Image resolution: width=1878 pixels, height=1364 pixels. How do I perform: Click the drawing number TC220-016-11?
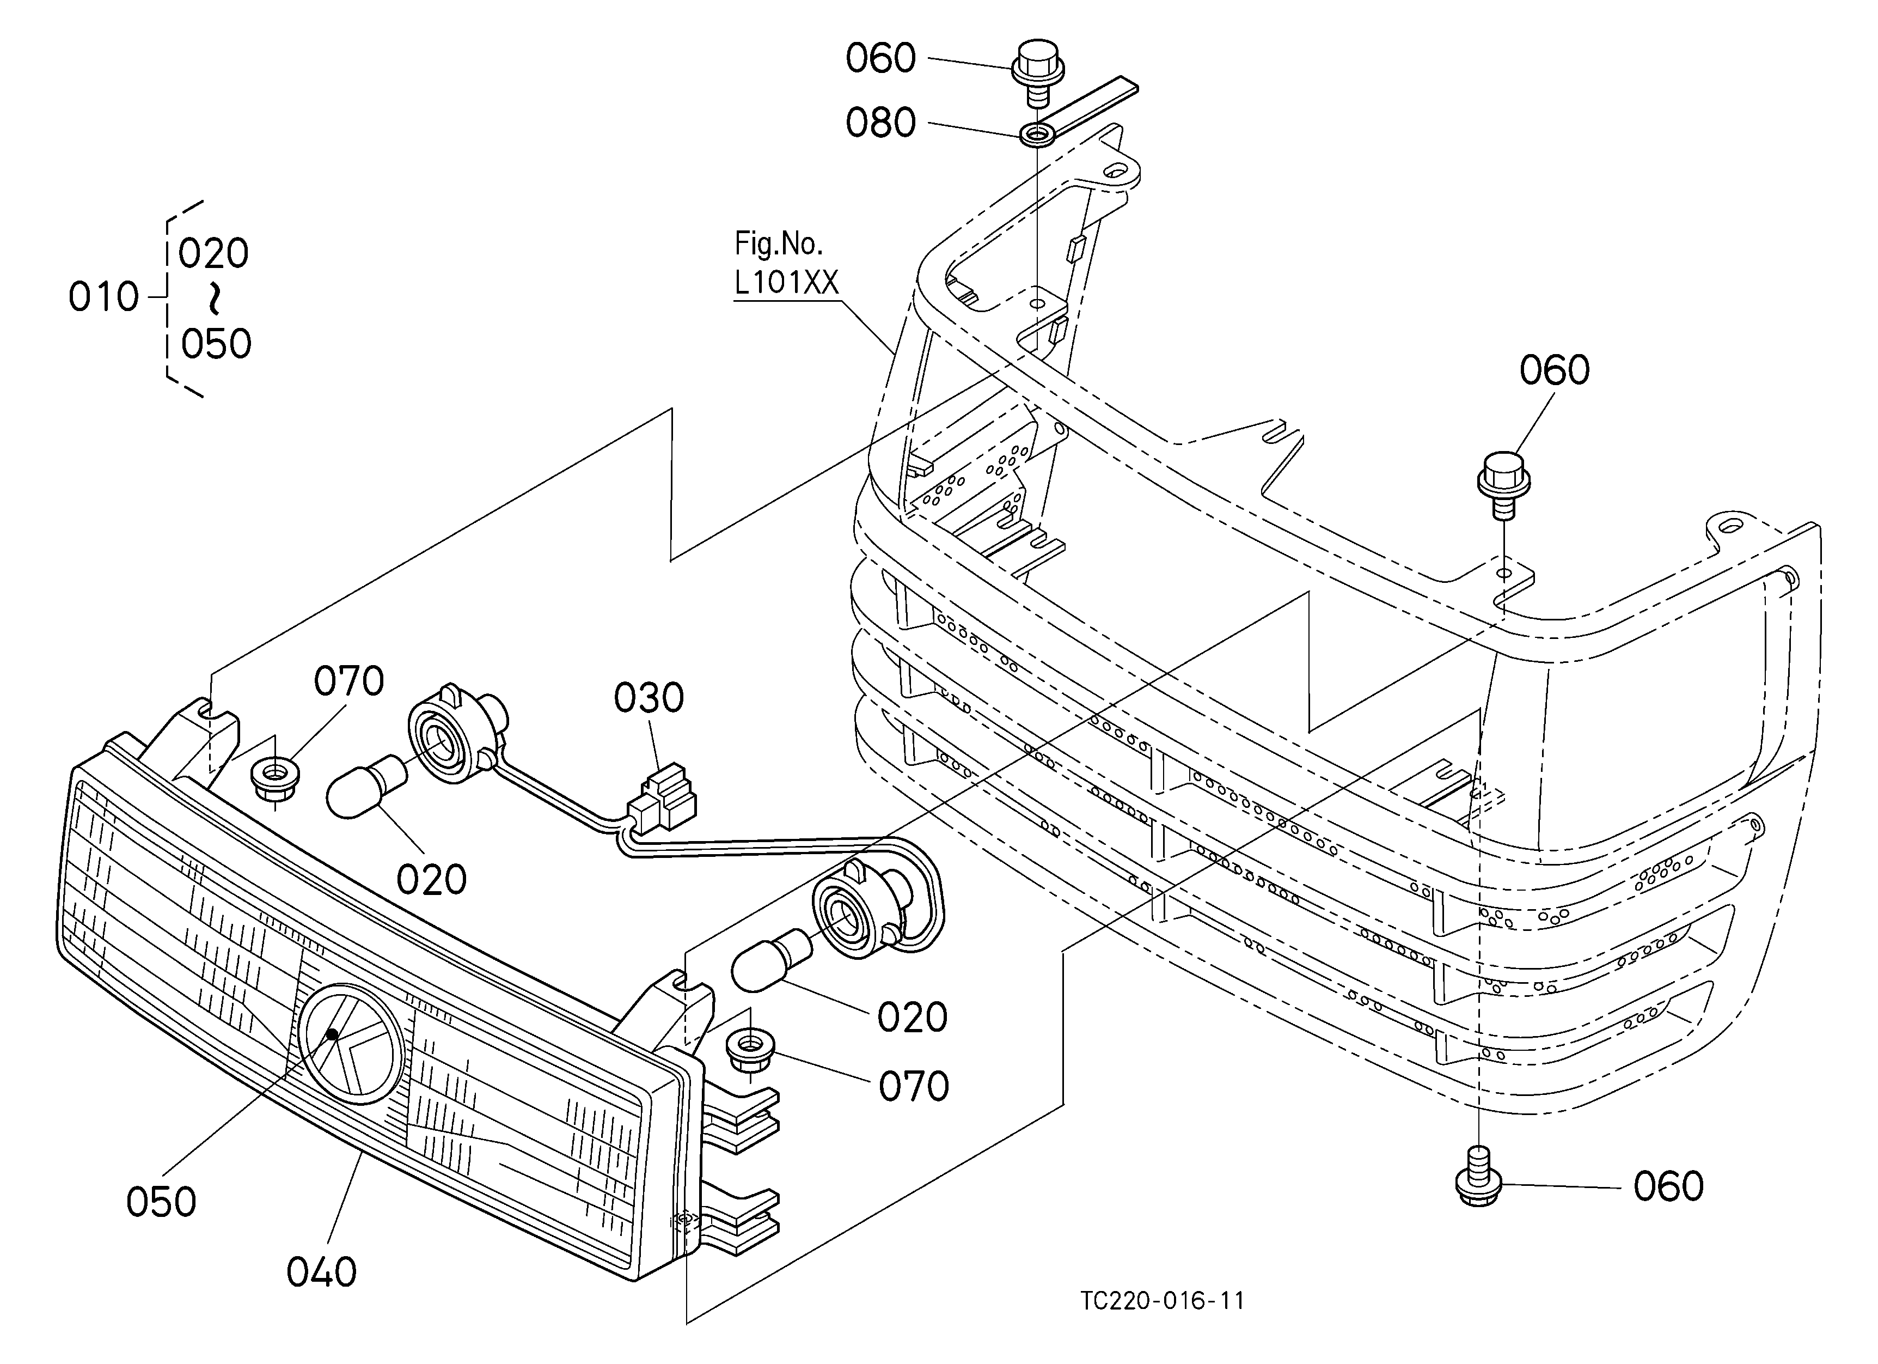[1162, 1300]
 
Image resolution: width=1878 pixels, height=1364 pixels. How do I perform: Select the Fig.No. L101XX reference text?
[786, 263]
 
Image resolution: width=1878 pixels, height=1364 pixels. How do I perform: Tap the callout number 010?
[103, 296]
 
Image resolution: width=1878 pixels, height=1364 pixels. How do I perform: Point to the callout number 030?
[649, 698]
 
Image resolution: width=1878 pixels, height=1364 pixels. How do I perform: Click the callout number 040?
[321, 1271]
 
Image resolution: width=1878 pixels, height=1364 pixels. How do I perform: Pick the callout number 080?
[880, 123]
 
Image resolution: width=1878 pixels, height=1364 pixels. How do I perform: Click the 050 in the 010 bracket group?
[216, 344]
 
